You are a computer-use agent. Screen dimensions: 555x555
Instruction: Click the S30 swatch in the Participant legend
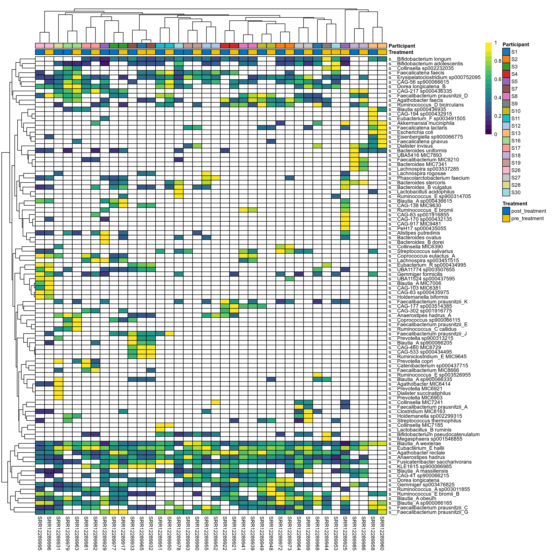506,192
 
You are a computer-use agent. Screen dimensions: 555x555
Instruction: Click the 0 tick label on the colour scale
495,134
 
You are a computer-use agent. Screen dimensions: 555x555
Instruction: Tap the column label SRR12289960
382,533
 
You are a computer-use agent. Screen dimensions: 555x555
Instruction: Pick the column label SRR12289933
132,533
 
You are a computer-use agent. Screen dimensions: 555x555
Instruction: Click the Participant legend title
516,45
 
